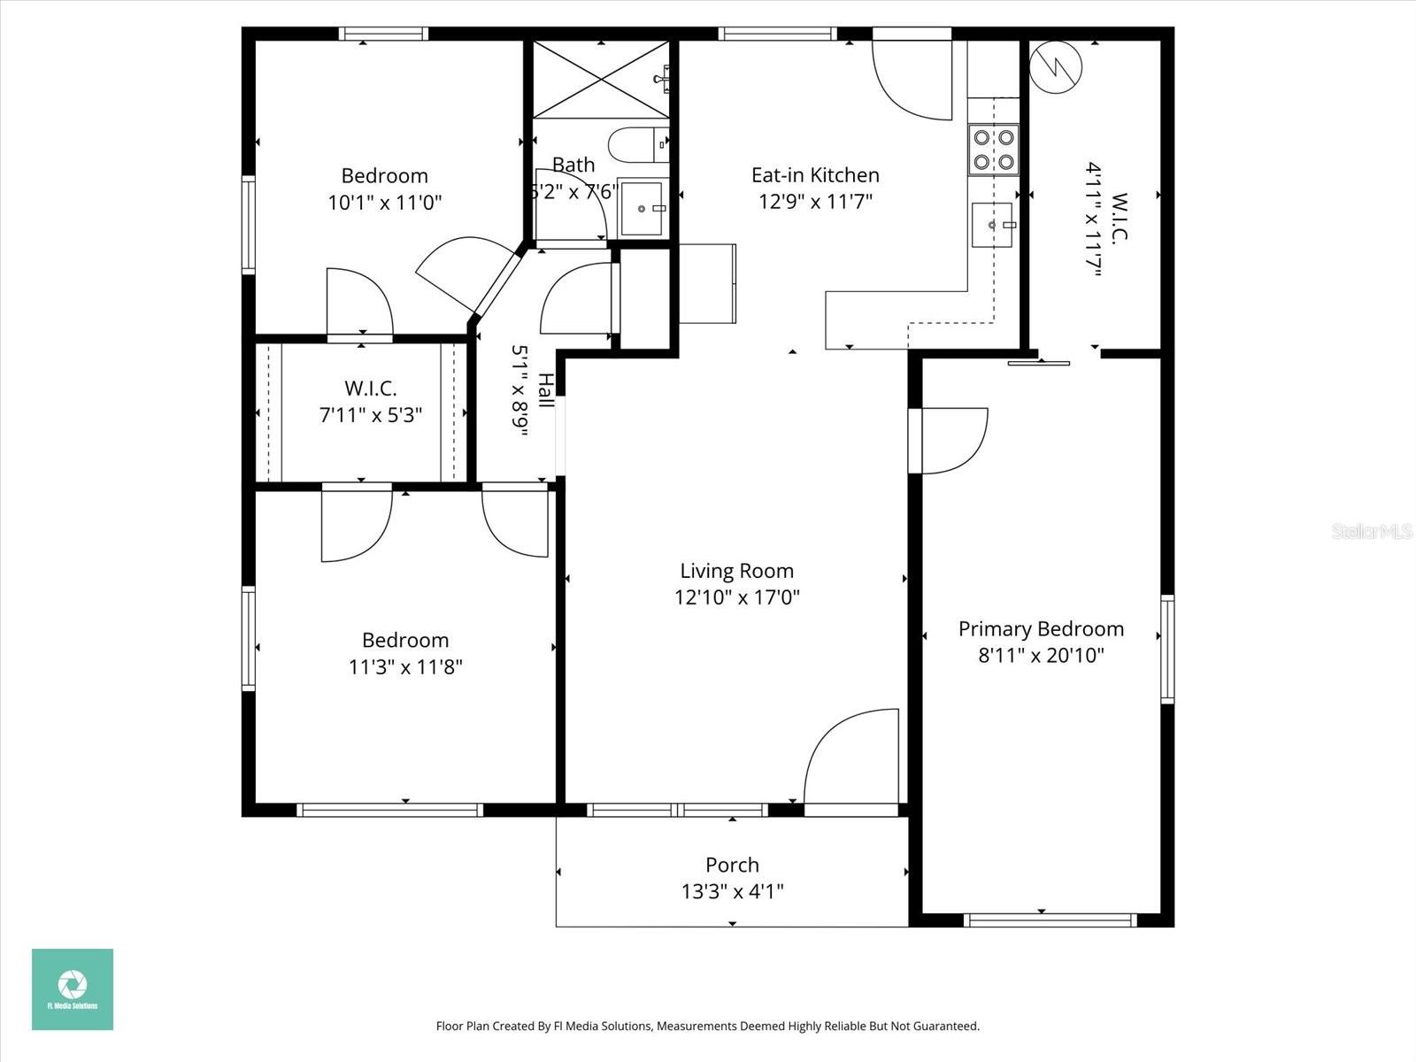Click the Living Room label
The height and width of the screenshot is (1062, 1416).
[736, 571]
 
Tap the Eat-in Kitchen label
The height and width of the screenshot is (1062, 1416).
[815, 175]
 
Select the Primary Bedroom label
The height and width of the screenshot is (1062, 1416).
[1041, 629]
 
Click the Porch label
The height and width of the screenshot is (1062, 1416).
[732, 865]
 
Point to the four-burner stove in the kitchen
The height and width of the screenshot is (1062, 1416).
[993, 150]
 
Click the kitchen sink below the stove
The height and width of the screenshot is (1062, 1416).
[992, 225]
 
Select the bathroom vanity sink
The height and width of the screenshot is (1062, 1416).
[642, 209]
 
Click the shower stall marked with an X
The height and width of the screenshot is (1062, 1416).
[601, 80]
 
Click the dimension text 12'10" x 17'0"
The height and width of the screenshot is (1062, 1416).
[736, 597]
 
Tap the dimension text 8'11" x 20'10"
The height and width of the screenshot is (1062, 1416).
[1041, 656]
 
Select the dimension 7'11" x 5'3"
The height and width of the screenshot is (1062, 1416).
[370, 414]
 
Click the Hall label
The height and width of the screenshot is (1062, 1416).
[547, 390]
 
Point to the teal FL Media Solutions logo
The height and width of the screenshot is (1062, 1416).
[73, 989]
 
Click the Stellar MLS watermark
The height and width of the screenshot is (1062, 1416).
[1372, 531]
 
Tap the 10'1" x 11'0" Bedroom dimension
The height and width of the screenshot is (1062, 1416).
[384, 203]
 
